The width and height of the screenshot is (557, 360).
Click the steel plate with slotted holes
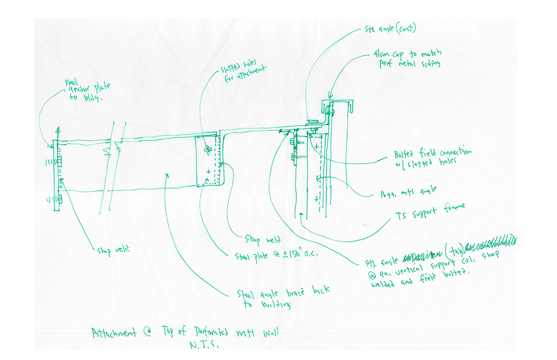pos(209,160)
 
